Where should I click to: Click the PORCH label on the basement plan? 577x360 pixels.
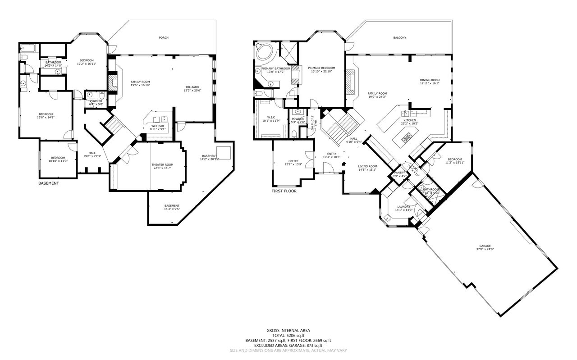(164, 38)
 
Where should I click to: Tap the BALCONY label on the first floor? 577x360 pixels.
(399, 38)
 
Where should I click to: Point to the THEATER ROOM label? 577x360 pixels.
(162, 165)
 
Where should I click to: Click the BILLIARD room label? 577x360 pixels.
(192, 87)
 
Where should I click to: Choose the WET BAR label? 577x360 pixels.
(157, 126)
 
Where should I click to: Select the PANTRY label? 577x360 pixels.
(399, 173)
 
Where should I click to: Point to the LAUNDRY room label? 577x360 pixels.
(403, 207)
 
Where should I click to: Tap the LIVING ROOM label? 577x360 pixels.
(367, 166)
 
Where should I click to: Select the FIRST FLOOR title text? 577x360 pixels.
(284, 191)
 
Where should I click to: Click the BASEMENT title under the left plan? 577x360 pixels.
(48, 183)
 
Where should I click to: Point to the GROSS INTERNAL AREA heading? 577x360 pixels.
(288, 330)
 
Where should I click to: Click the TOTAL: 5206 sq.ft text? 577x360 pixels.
(288, 335)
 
